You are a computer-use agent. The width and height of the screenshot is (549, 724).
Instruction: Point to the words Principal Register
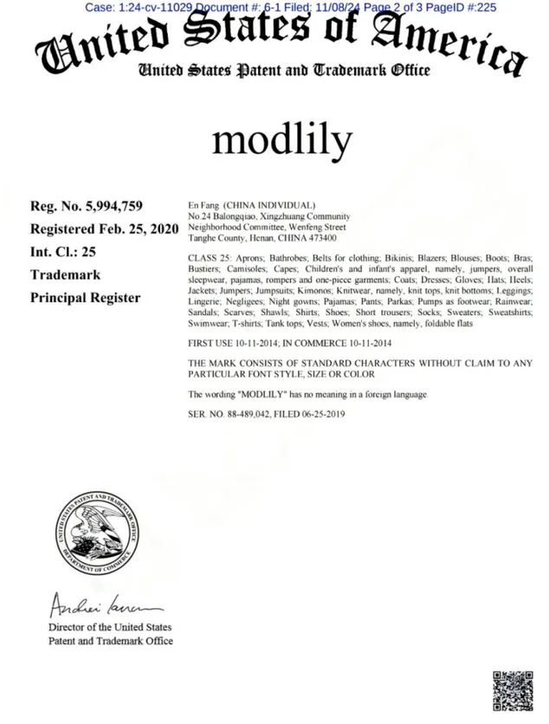(85, 297)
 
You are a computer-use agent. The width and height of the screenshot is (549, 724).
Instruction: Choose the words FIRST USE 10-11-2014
(235, 344)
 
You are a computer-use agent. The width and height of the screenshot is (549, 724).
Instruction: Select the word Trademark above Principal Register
(66, 275)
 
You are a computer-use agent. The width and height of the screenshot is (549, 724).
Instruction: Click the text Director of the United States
(110, 627)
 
